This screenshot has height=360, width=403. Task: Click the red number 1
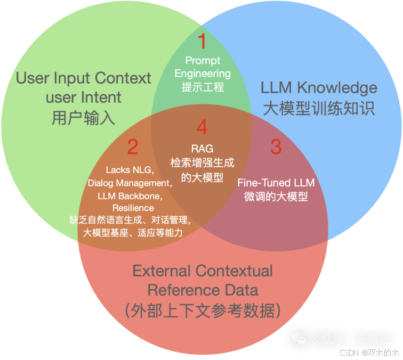pos(201,41)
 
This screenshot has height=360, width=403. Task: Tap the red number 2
pos(133,147)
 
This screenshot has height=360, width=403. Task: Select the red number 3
pos(276,147)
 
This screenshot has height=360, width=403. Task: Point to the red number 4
pos(201,127)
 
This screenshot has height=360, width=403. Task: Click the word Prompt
pos(203,61)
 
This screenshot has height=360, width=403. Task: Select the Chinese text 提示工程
pos(203,87)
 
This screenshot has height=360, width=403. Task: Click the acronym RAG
pos(202,149)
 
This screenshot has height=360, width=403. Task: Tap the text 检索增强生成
pos(202,163)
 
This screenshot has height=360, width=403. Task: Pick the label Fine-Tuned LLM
pos(276,183)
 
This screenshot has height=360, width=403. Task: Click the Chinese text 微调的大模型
pos(276,196)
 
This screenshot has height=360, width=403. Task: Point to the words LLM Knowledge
pos(319,88)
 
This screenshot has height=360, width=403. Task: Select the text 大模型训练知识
pos(319,108)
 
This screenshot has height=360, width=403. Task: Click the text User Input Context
pos(84,78)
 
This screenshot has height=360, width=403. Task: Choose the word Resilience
pos(133,208)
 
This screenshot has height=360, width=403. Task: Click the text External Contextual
pos(203,271)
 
